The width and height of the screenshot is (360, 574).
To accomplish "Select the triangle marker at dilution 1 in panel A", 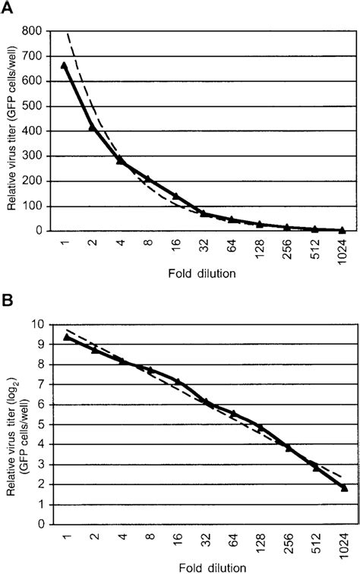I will click(65, 65).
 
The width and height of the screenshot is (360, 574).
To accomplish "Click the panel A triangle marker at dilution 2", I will click(93, 127).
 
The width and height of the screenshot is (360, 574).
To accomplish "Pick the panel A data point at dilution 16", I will click(176, 196).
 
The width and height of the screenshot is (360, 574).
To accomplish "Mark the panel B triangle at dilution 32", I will click(204, 402).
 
